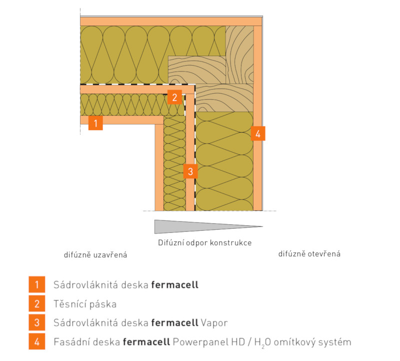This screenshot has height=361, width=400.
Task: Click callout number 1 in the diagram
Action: click(95, 123)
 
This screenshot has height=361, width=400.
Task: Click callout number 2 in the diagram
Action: click(174, 97)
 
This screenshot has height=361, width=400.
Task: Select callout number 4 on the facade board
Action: click(257, 134)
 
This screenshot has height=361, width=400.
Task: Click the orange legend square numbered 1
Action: click(36, 285)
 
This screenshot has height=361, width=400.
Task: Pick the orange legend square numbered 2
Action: click(36, 304)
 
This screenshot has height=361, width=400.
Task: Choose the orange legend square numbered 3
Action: click(36, 323)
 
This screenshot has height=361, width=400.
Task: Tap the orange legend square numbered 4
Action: click(36, 342)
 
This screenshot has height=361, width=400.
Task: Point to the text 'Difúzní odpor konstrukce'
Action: click(201, 243)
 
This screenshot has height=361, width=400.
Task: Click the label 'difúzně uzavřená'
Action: click(95, 255)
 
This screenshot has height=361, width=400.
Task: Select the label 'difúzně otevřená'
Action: click(309, 254)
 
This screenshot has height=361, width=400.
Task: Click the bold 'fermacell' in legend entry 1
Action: click(174, 285)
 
